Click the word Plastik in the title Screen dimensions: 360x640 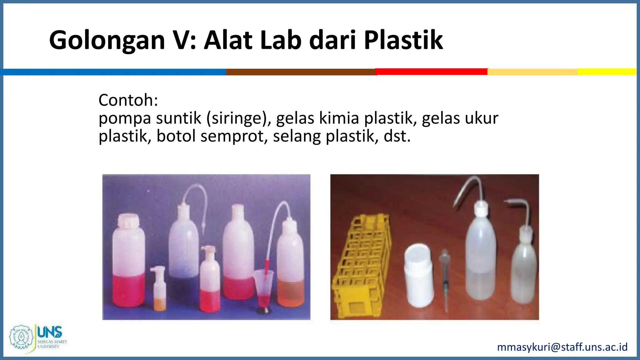403,40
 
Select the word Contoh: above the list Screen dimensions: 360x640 128,100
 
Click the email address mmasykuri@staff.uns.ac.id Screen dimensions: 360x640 562,347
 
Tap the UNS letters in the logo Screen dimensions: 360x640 49,332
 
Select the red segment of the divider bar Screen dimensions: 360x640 431,72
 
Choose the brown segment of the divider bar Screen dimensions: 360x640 300,72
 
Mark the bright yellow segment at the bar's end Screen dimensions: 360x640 606,72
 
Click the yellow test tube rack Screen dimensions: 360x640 359,266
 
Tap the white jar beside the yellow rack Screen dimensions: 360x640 419,275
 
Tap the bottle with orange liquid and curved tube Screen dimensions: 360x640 290,266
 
